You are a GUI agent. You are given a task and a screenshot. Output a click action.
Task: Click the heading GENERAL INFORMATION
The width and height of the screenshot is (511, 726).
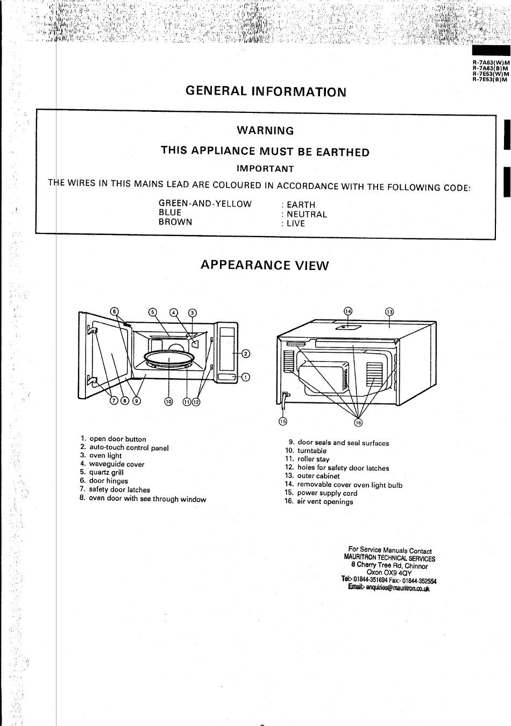point(266,91)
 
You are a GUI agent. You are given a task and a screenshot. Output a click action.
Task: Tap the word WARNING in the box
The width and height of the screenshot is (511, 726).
point(265,131)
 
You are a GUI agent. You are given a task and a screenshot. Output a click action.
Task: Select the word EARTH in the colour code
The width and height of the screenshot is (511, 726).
point(301,205)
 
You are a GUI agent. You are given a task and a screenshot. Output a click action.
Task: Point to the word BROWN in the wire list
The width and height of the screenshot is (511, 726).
point(175,222)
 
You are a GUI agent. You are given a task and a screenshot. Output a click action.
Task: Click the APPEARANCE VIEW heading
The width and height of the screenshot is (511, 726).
point(265,265)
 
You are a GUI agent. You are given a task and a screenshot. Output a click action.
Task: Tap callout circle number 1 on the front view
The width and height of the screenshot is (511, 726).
point(246,377)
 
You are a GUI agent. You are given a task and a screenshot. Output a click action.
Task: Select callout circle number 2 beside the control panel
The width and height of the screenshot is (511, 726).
point(246,354)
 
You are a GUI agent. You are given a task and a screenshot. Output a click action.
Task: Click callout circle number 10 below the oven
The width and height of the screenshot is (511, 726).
point(168,402)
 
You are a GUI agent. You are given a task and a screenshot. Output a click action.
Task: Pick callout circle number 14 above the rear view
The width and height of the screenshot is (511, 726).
point(347,311)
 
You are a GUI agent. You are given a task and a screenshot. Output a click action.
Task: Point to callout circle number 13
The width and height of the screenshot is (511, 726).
point(389,312)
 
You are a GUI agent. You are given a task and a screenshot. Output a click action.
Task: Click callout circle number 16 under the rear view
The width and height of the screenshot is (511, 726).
point(358,423)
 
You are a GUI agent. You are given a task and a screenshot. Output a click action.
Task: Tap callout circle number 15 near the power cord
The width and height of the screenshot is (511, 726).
point(283,421)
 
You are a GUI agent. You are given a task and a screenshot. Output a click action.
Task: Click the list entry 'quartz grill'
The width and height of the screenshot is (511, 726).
point(107,472)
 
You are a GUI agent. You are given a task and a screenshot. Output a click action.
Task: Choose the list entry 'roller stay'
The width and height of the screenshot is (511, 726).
point(313,459)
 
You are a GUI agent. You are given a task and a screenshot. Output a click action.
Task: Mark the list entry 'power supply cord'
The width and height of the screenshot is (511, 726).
point(327,493)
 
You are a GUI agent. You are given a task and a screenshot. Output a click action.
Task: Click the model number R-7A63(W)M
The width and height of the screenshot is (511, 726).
point(491,63)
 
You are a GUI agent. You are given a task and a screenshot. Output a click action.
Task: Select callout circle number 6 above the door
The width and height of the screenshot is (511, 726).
point(114,311)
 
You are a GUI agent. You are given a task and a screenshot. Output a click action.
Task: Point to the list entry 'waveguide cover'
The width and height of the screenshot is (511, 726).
point(117,464)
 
